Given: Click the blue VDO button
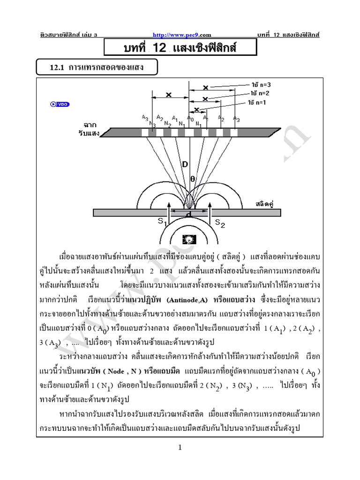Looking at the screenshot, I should point(60,104).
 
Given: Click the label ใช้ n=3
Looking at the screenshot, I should point(261,85).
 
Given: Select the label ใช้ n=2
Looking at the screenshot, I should point(259,94).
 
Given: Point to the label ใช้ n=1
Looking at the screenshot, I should point(257,102).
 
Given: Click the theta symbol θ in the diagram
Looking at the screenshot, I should point(193,178).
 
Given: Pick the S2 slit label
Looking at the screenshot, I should point(220,224).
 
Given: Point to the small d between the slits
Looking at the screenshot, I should point(188,215).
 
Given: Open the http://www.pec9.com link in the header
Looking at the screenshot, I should point(180,34).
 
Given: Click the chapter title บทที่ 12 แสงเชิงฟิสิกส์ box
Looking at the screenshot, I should point(173,48).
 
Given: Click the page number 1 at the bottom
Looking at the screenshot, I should point(180,448).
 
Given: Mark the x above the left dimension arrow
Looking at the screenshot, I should point(169,94).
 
